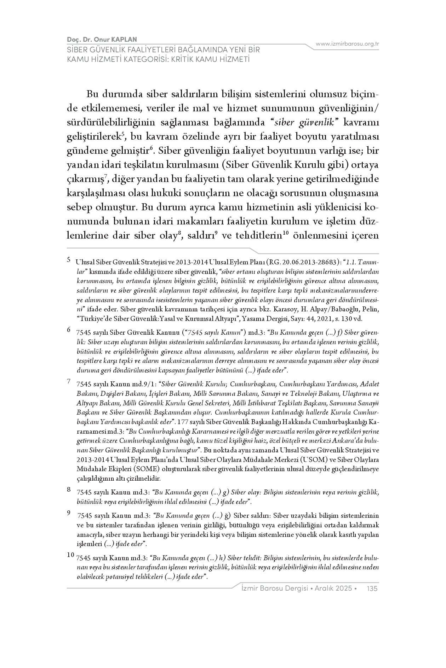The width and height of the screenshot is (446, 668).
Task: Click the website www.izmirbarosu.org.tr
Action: click(x=347, y=44)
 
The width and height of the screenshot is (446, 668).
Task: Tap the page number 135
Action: click(x=372, y=588)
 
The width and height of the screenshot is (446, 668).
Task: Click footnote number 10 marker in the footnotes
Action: click(x=70, y=555)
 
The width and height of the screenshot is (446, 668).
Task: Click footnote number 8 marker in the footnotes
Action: click(x=69, y=490)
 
